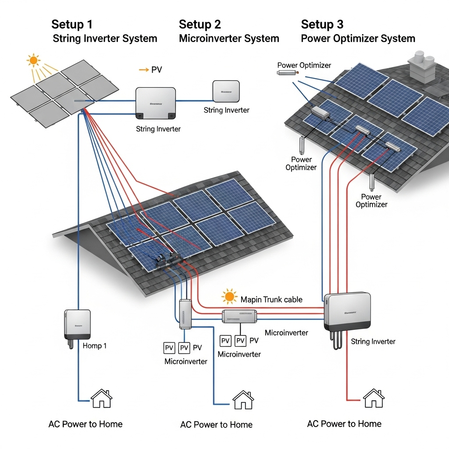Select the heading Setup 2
(x=200, y=24)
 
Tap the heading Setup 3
(x=322, y=24)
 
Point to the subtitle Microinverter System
(x=229, y=39)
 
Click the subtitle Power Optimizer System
(x=358, y=39)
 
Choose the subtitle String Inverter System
(x=105, y=39)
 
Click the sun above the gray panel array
(x=33, y=60)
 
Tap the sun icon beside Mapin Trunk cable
(x=229, y=297)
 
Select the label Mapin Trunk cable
(x=271, y=300)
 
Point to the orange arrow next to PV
(x=143, y=70)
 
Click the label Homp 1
(x=95, y=346)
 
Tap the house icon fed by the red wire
(x=374, y=398)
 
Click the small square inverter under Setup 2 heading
(x=226, y=91)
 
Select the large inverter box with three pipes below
(x=347, y=312)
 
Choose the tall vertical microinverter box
(x=185, y=314)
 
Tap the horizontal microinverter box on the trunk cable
(x=239, y=316)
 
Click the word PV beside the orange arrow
(x=157, y=70)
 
